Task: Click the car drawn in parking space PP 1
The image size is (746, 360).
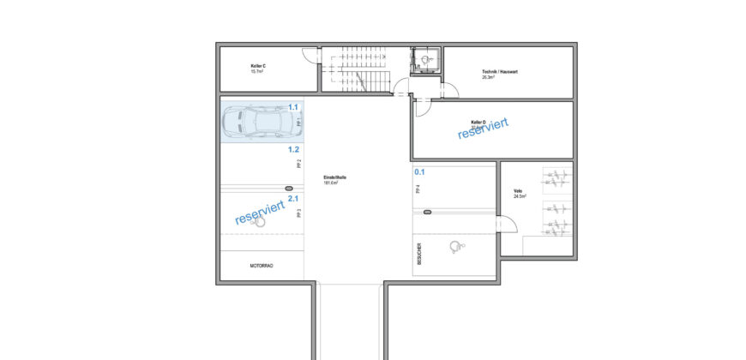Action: (x=255, y=122)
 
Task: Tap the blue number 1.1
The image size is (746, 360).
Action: (x=292, y=107)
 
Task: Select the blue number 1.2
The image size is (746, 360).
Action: (x=292, y=148)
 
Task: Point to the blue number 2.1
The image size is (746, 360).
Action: (x=292, y=198)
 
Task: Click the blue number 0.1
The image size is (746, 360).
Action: (x=419, y=171)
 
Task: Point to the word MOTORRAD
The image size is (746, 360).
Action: (x=262, y=267)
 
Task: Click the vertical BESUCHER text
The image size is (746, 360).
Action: (x=419, y=255)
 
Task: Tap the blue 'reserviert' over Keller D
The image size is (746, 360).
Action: (x=484, y=128)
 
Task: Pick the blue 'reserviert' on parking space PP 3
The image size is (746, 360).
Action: (x=260, y=214)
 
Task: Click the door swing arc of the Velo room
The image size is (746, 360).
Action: (x=508, y=225)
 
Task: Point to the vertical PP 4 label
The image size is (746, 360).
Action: (x=418, y=190)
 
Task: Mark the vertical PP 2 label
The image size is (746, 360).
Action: (x=298, y=164)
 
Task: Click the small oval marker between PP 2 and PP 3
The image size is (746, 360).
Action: (x=289, y=187)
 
